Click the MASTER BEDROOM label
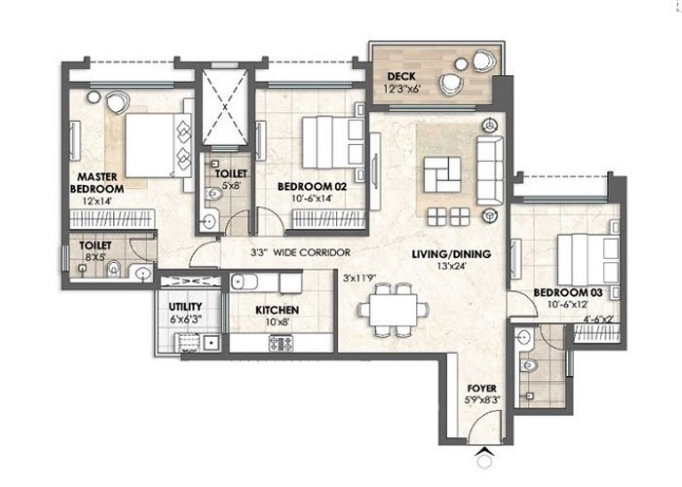(96, 182)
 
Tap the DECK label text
(399, 76)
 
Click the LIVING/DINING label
(451, 255)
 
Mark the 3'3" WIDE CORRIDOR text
(300, 252)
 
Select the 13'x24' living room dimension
(452, 268)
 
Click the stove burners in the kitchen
(281, 343)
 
